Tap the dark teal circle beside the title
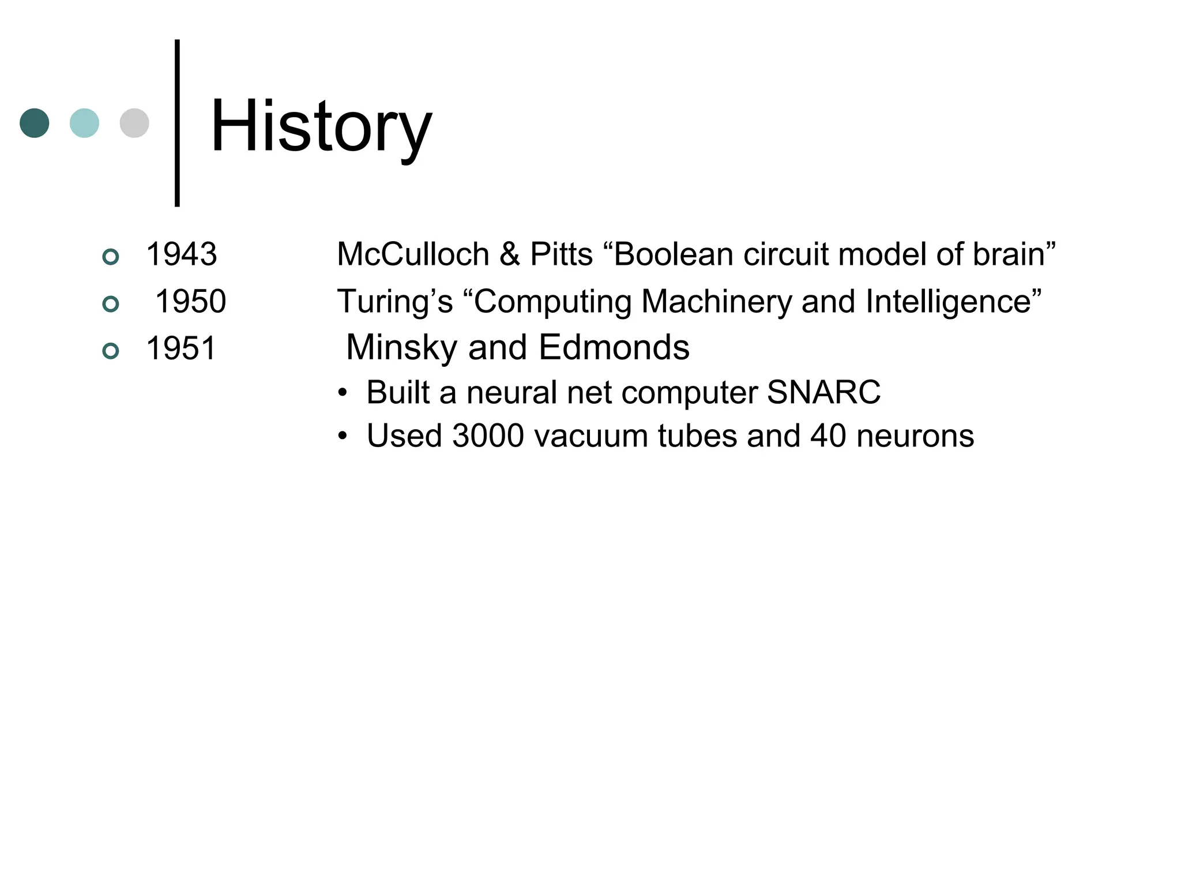point(35,123)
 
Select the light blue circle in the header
point(84,123)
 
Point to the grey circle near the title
point(134,123)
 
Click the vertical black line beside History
point(177,122)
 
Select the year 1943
point(181,254)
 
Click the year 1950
point(191,301)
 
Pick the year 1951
point(181,348)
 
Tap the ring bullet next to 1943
point(110,256)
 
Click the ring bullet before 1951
point(110,351)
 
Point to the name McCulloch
point(413,254)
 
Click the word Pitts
point(561,254)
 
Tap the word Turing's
point(395,301)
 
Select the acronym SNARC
point(823,392)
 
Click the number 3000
point(488,436)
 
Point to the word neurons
point(915,436)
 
